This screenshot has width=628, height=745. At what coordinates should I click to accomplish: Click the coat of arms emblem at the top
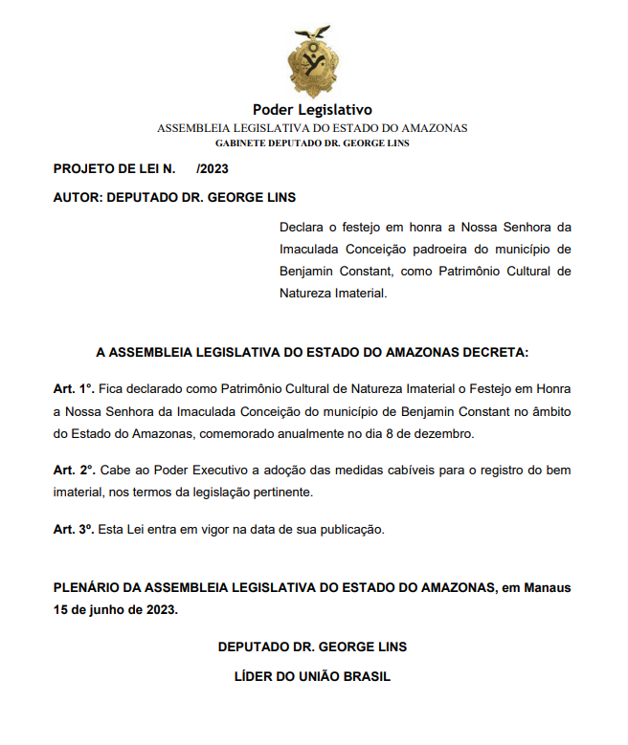coord(312,62)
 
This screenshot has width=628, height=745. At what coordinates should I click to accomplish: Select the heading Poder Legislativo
coord(312,110)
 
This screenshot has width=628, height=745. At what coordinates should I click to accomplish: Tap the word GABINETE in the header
coord(240,142)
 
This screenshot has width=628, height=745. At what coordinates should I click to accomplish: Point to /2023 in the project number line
coord(213,169)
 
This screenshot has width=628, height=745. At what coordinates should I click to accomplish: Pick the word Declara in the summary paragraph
coord(302,228)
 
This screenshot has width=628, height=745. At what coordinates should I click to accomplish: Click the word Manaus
coord(547,587)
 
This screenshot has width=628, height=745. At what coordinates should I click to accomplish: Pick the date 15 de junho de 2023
coord(116,609)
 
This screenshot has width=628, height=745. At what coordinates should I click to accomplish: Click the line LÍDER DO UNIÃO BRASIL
coord(312,676)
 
